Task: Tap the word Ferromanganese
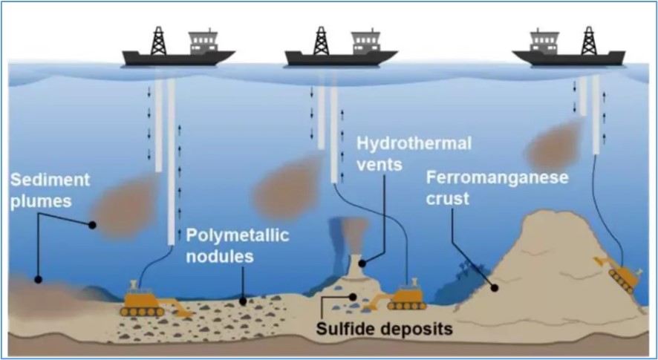click(x=498, y=178)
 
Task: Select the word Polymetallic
click(x=238, y=235)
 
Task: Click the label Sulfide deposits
click(x=384, y=329)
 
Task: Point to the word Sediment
click(x=50, y=180)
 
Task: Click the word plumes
click(x=41, y=202)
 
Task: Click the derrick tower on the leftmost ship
click(x=159, y=41)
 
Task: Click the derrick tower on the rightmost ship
click(x=589, y=41)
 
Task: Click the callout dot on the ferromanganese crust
click(x=495, y=288)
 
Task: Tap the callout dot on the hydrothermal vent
click(x=362, y=264)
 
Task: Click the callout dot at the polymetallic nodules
click(x=243, y=301)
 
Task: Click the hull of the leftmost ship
click(x=178, y=58)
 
